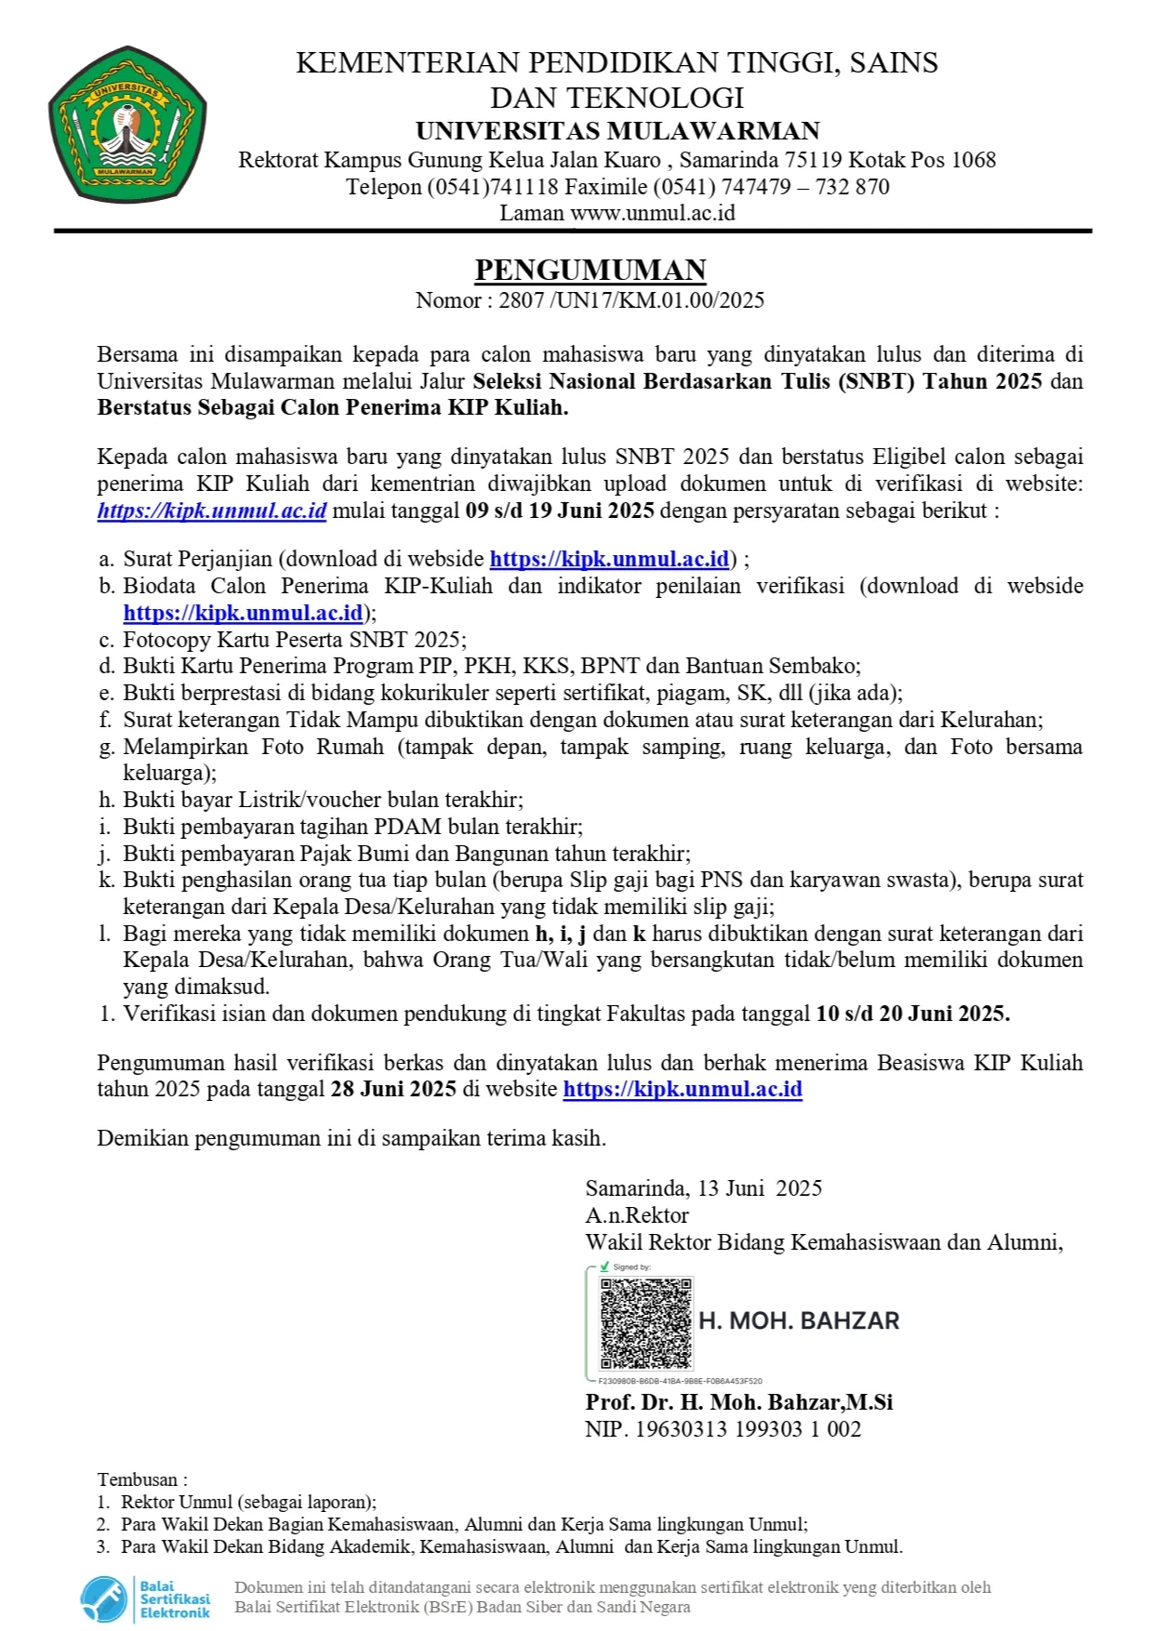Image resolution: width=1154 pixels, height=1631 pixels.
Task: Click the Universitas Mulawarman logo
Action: [x=127, y=124]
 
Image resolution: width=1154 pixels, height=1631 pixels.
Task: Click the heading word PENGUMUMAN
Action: [x=590, y=270]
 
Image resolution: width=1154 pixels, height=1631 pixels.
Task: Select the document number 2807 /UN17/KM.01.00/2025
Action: [x=631, y=300]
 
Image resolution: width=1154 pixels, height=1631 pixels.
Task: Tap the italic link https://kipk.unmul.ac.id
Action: [x=212, y=511]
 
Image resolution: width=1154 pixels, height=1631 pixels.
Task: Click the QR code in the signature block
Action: [x=646, y=1323]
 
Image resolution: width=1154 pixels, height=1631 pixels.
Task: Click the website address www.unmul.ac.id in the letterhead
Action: [x=653, y=213]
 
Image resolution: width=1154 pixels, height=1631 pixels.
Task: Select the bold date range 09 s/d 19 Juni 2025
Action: [x=562, y=511]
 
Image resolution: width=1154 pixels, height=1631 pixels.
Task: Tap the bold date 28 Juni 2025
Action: [x=393, y=1090]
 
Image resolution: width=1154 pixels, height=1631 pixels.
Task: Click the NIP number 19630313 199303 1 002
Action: [x=748, y=1429]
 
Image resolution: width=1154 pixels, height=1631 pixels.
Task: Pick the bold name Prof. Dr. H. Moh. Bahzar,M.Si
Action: [x=739, y=1402]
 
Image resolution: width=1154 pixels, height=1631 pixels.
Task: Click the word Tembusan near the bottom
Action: [x=138, y=1479]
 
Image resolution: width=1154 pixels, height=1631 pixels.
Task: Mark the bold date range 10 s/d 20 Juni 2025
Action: [x=912, y=1014]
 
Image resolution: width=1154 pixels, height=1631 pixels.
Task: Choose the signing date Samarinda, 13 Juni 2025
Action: [x=704, y=1188]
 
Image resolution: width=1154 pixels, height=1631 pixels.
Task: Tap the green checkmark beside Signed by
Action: [x=604, y=1266]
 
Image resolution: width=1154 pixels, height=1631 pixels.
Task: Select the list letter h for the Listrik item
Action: [x=105, y=800]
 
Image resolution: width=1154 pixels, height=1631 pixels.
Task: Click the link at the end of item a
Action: [x=609, y=559]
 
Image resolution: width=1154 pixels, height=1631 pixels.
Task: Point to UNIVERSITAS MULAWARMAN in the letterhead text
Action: [x=617, y=130]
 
